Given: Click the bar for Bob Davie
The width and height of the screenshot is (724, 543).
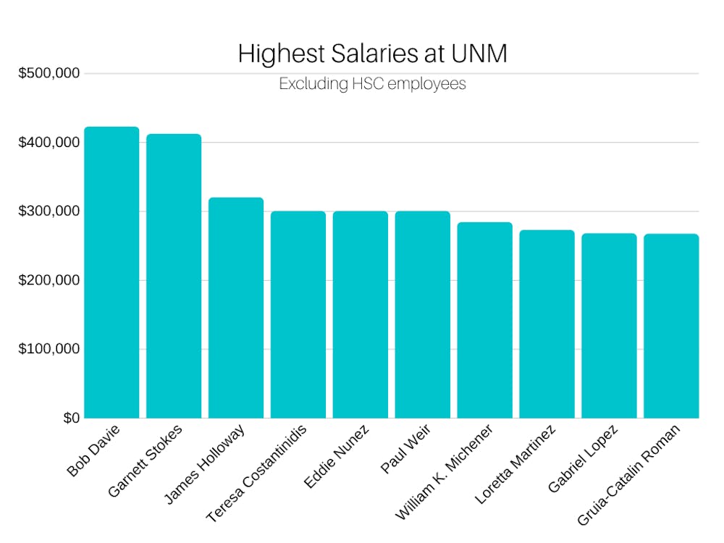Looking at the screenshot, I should click(x=111, y=273).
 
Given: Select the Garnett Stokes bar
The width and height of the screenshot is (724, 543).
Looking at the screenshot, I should click(x=174, y=277).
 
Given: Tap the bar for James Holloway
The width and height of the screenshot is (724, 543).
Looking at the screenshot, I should click(x=236, y=308).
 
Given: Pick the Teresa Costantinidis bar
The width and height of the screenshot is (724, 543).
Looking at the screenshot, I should click(x=298, y=315).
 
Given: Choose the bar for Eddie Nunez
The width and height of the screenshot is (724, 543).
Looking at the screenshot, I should click(x=361, y=315).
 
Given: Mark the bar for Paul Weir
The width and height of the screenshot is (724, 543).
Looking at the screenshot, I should click(x=423, y=315).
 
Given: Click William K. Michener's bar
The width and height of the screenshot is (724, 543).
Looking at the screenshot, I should click(x=485, y=320).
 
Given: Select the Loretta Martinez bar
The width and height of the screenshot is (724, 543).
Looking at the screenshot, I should click(x=547, y=324).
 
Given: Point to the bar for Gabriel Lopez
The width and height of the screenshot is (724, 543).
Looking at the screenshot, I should click(x=610, y=326).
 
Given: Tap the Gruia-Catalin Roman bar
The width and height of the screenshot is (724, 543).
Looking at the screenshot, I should click(x=671, y=326).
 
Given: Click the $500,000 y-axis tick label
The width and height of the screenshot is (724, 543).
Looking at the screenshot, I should click(x=49, y=73).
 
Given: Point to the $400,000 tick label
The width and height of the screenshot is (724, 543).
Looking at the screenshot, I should click(x=49, y=143).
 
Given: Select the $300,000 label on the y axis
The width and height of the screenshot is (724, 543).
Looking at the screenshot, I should click(x=49, y=211).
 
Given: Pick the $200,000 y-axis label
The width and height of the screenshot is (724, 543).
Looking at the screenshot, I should click(x=49, y=280).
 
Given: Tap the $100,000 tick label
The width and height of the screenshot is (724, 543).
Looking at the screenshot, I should click(x=49, y=349).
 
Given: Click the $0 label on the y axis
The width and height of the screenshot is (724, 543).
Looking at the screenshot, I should click(x=71, y=418).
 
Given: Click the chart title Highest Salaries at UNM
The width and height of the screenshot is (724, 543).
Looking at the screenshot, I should click(x=372, y=54).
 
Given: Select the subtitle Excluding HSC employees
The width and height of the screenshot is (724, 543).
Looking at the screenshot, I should click(x=372, y=84).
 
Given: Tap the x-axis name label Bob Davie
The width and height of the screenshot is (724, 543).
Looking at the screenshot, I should click(x=93, y=450).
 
